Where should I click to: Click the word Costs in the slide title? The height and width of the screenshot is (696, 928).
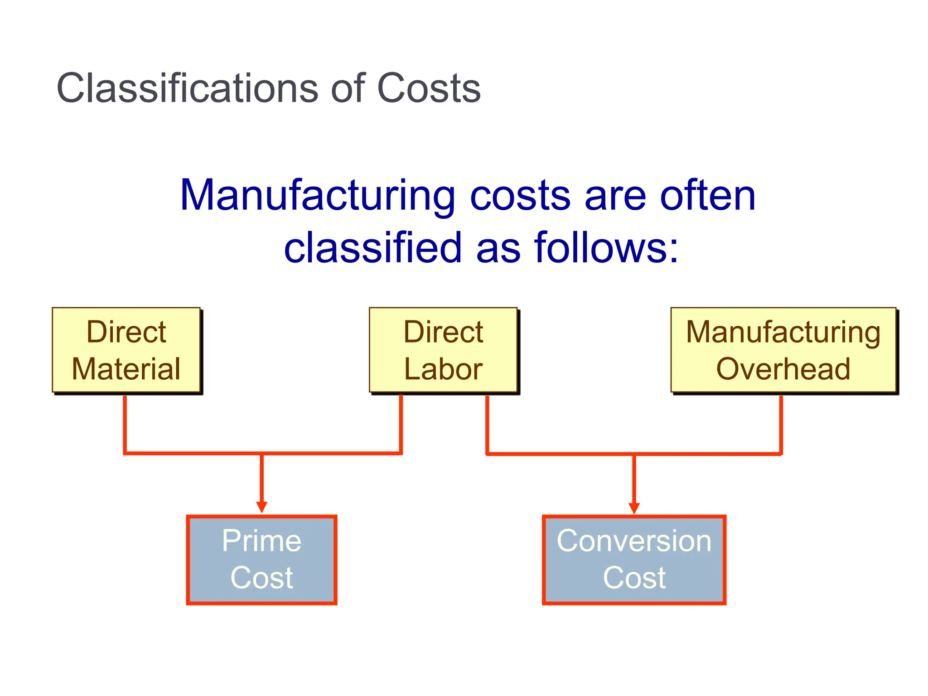pos(428,88)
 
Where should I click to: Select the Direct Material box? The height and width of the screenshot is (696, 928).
pos(126,350)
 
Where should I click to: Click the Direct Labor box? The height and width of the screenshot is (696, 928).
pos(443,350)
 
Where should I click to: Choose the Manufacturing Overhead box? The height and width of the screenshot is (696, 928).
pos(783,350)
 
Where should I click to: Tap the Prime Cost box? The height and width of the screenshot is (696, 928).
pos(261,560)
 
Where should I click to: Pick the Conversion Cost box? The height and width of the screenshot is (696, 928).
pos(634,560)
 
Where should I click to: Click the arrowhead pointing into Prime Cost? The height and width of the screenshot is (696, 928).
pos(261,507)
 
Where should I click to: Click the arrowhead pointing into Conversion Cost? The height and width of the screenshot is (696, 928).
pos(634,508)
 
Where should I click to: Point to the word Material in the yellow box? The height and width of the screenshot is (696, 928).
pos(126,369)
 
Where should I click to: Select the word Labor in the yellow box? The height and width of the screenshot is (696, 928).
pos(443,369)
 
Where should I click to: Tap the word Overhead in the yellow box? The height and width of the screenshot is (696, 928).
pos(783,369)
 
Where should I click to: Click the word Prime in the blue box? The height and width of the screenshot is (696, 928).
pos(261,541)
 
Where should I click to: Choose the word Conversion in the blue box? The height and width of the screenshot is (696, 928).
pos(634,541)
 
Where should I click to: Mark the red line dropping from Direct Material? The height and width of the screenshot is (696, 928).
pos(125,424)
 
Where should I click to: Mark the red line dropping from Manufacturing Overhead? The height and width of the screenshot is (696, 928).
pos(781,424)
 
